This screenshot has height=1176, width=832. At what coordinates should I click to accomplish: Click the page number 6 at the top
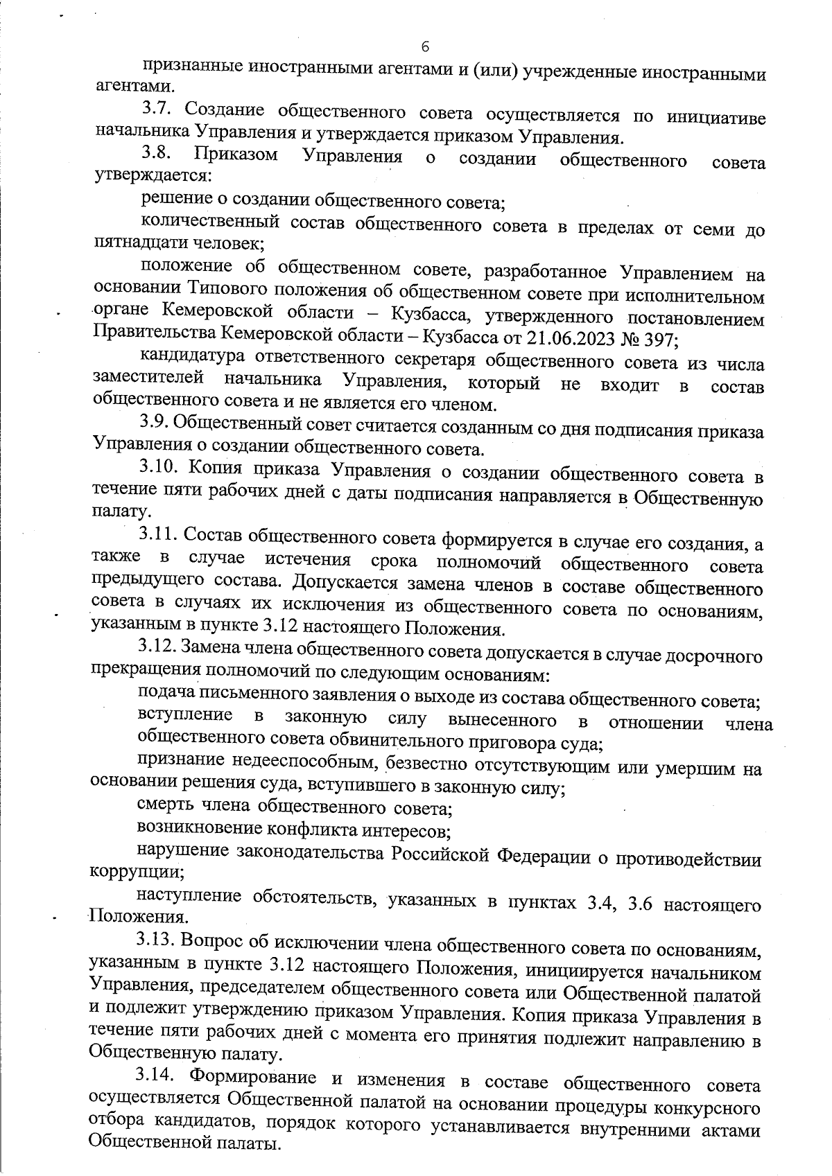(x=425, y=46)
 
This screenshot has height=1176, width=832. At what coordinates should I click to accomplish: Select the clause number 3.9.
(x=156, y=424)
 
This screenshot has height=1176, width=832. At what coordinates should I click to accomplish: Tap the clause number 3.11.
(x=159, y=536)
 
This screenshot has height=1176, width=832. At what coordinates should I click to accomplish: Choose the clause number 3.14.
(x=157, y=1076)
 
